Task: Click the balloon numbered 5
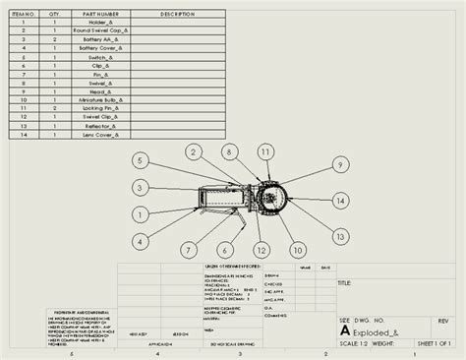[x=141, y=159]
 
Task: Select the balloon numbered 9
[x=339, y=165]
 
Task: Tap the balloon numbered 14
[x=340, y=200]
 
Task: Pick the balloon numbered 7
[x=142, y=240]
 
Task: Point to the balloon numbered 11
[x=265, y=151]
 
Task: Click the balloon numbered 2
[x=195, y=151]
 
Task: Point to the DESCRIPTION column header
[x=177, y=15]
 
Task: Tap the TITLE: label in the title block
[x=345, y=283]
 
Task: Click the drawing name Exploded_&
[x=378, y=331]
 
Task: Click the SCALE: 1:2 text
[x=357, y=342]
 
